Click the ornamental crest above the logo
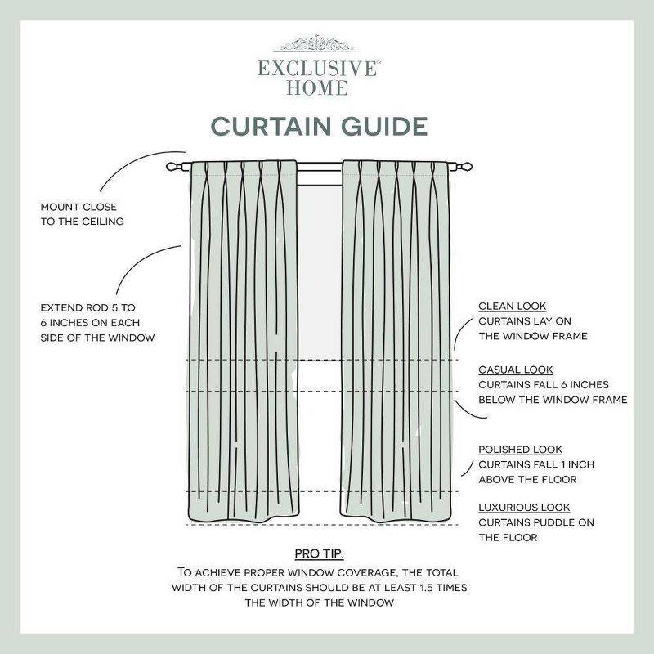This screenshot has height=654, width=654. pos(318,43)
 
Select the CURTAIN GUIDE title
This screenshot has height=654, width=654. pos(319,127)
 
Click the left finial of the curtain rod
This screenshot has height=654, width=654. pos(172,166)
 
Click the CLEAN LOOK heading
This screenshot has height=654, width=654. pos(513,306)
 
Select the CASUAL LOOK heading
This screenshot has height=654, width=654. pos(516,370)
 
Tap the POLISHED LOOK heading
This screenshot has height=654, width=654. pos(520,450)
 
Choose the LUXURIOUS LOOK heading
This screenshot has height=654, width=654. pos(524,508)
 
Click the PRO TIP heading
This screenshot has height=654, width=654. pos(319,554)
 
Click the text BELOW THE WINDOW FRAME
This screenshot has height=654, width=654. pos(553,400)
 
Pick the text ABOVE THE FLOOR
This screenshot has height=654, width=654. pos(527,479)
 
